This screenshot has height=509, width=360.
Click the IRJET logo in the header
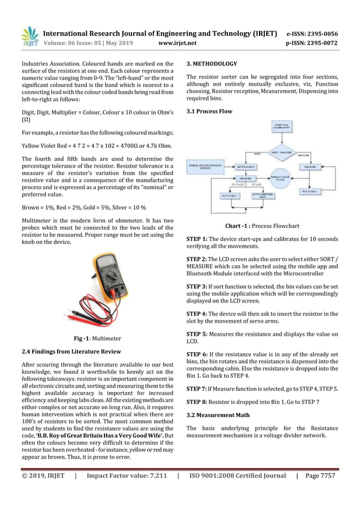pos(29,36)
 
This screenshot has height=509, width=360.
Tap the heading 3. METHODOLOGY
pos(212,64)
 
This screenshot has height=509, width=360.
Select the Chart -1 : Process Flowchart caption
pos(262,226)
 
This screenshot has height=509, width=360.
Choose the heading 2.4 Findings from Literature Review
pos(71,352)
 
